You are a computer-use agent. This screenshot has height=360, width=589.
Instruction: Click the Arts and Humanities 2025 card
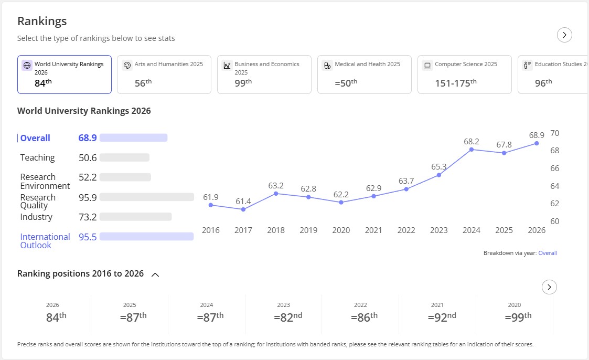[164, 75]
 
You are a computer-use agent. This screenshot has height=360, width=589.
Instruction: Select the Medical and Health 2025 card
[365, 75]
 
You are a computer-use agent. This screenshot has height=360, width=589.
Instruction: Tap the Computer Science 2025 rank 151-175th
[456, 83]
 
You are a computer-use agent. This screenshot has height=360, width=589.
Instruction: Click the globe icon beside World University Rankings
[27, 66]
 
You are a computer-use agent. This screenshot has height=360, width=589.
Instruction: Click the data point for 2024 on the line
[472, 150]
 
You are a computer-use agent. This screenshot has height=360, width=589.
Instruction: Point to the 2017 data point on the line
[243, 209]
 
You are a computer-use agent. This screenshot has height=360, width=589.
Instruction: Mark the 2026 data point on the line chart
[537, 143]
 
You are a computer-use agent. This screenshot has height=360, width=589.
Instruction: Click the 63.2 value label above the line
[276, 186]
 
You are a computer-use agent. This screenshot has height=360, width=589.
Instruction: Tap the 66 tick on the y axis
[555, 168]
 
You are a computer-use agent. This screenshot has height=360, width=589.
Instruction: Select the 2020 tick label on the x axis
[341, 230]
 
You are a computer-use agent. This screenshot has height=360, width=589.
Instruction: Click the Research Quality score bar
[147, 197]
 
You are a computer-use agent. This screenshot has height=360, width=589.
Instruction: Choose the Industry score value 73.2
[88, 217]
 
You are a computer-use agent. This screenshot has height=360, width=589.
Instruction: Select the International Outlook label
[45, 241]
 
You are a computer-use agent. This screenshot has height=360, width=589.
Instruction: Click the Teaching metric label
[38, 157]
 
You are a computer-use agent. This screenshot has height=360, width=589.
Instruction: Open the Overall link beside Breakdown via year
[548, 253]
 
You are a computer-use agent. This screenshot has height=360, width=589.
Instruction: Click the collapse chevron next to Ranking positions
[155, 274]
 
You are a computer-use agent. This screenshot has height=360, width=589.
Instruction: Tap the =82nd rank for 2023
[288, 317]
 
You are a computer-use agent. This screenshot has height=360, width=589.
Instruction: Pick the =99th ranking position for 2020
[518, 317]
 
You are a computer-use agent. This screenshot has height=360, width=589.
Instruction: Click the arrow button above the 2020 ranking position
[549, 287]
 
